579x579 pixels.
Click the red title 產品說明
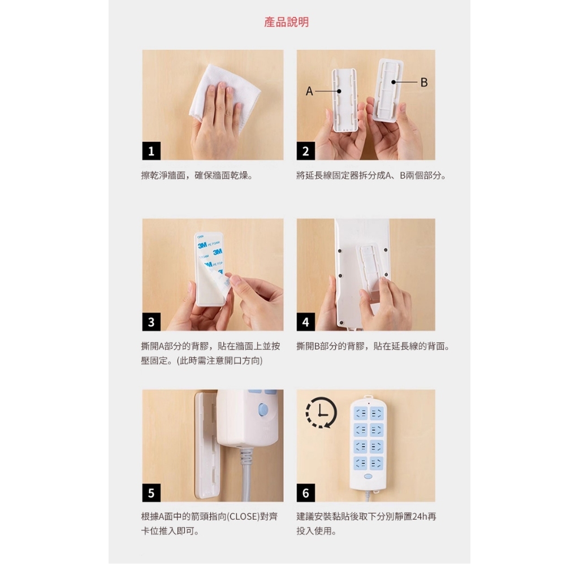pos(287,22)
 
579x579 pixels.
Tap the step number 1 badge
pos(152,151)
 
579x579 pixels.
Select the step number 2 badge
pos(306,151)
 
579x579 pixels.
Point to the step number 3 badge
pos(152,322)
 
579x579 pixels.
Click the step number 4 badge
pos(306,322)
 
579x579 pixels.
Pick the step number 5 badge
pos(152,492)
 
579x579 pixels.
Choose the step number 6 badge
pos(306,492)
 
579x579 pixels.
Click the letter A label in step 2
pos(309,91)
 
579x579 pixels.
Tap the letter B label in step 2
pos(424,83)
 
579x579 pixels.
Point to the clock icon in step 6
pos(321,412)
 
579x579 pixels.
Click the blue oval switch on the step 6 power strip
pos(368,476)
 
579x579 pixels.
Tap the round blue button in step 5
pos(263,408)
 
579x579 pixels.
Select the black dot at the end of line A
pos(339,91)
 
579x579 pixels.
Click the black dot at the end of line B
pos(394,82)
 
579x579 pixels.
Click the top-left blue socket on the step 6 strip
pos(361,413)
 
